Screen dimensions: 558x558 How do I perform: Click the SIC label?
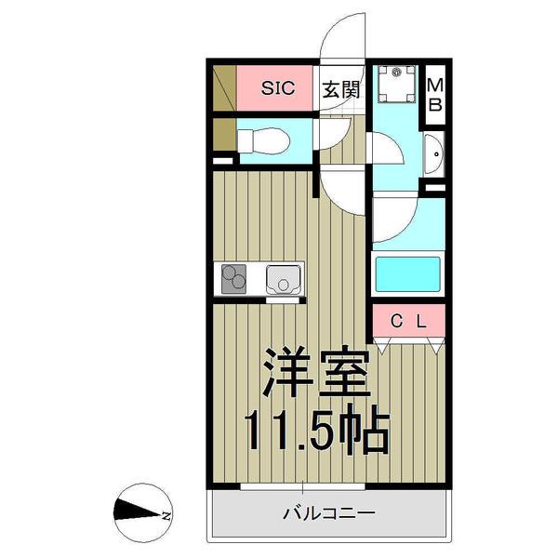[277, 89]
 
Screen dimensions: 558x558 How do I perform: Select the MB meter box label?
[434, 94]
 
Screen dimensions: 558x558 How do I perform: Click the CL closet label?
[408, 322]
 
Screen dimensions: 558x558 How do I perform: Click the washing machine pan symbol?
[400, 88]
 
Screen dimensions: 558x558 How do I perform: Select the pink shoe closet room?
[277, 89]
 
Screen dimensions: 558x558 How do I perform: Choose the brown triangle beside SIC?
[223, 89]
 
